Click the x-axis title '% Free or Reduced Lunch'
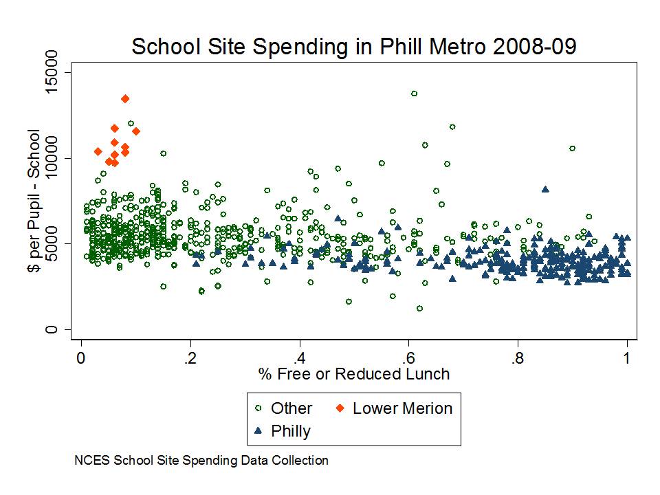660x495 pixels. (x=353, y=374)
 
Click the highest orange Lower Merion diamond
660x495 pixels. (x=125, y=99)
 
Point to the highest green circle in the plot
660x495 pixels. (x=414, y=93)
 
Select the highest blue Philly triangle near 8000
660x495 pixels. (x=545, y=189)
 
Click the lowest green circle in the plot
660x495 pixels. (x=419, y=309)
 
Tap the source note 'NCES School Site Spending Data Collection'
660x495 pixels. (x=201, y=461)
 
